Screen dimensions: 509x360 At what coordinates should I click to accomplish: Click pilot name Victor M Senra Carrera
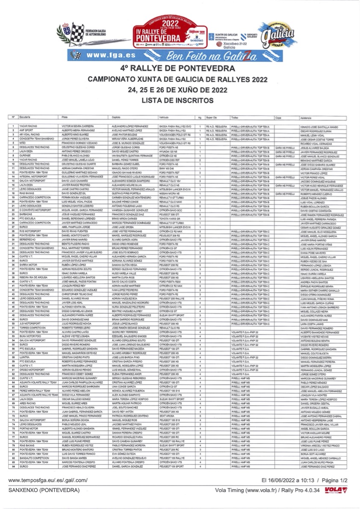click(x=78, y=127)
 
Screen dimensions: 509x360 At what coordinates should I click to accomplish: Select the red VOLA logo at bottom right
click(x=333, y=490)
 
